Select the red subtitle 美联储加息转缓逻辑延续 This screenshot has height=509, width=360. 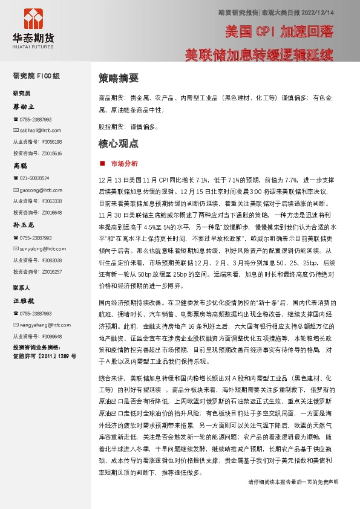(259, 55)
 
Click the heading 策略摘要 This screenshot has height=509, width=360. (119, 79)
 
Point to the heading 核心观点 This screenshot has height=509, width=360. (119, 144)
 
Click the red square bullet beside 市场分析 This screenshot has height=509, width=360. (101, 164)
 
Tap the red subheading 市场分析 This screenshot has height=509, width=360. (125, 164)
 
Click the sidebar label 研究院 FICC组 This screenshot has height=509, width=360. (37, 76)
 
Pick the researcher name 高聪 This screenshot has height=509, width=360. (21, 165)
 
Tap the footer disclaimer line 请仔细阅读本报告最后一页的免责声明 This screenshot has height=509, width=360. (293, 499)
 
